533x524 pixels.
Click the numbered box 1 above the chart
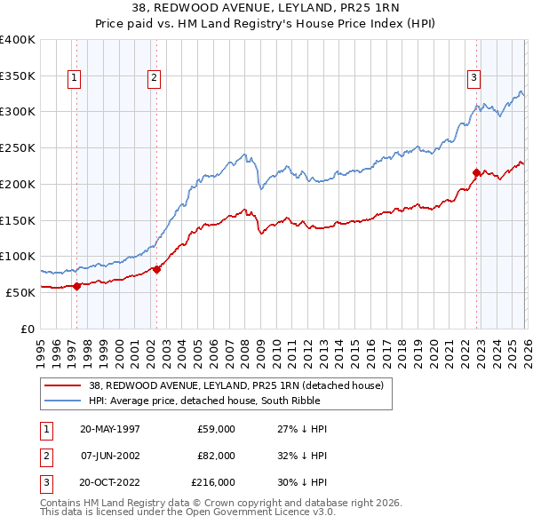tap(74, 78)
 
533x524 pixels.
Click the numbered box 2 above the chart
tap(155, 78)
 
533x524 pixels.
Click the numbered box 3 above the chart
tap(474, 78)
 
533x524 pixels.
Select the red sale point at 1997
tap(77, 285)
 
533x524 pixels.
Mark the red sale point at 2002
tap(156, 269)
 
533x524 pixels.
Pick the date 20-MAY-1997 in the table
tap(110, 429)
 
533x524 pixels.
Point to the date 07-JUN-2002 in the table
tap(110, 455)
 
